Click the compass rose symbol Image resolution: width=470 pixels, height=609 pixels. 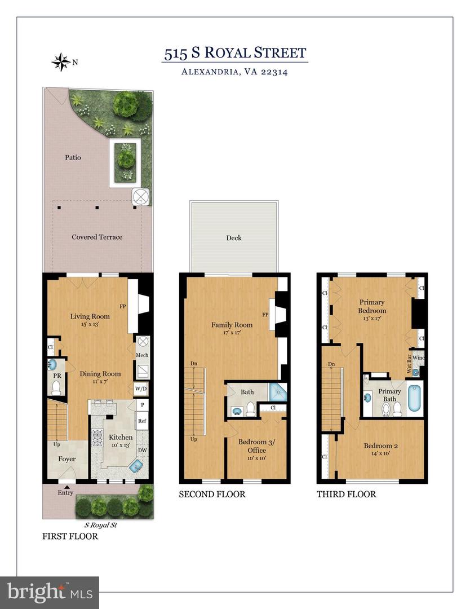(x=60, y=61)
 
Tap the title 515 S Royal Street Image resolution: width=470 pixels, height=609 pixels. (x=234, y=54)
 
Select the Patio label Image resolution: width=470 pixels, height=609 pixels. (x=72, y=157)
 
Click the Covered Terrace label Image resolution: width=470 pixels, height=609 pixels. (x=97, y=237)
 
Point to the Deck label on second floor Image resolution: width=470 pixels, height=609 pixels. (x=234, y=238)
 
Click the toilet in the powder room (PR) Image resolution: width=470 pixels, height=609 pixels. (x=56, y=387)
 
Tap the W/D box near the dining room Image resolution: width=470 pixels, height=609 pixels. (x=141, y=389)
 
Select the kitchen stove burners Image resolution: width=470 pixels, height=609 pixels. (x=97, y=435)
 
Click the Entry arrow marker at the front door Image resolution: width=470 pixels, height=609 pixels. (x=67, y=487)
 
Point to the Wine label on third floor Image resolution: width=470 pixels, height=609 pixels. (x=418, y=358)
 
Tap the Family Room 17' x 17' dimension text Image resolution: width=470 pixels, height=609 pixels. (x=232, y=333)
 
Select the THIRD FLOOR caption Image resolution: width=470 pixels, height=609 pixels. (x=347, y=495)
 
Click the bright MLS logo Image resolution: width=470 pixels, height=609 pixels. (x=49, y=592)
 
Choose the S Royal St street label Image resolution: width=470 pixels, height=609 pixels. (x=100, y=524)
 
